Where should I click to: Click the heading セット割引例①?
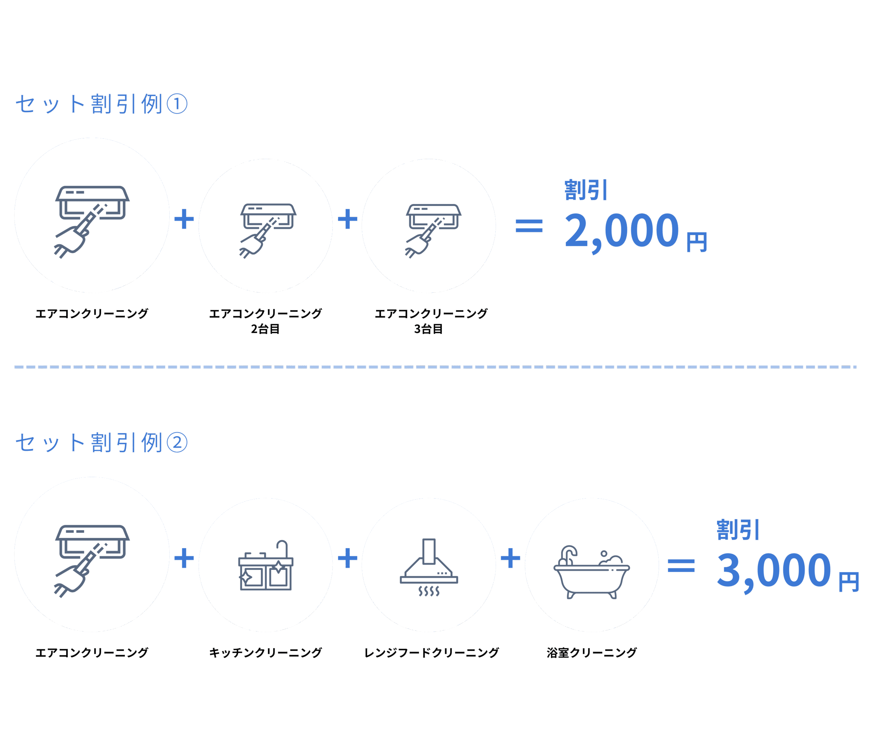coord(101,104)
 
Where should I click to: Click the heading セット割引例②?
coord(101,443)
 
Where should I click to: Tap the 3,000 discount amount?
coord(774,571)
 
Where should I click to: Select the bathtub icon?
coord(591,572)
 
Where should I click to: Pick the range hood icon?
coord(429,567)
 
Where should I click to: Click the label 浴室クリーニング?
coord(591,653)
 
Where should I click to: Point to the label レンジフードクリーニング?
coord(431,653)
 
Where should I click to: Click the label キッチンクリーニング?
coord(265,653)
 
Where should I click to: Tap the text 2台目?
coord(265,329)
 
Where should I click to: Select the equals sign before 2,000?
coord(528,226)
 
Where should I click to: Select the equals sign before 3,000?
coord(681,565)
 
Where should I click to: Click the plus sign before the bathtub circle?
coord(510,558)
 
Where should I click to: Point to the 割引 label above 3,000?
coord(738,530)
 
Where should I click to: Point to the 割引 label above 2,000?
coord(586,190)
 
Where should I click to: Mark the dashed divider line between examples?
coord(435,367)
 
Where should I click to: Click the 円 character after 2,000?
coord(697,242)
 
